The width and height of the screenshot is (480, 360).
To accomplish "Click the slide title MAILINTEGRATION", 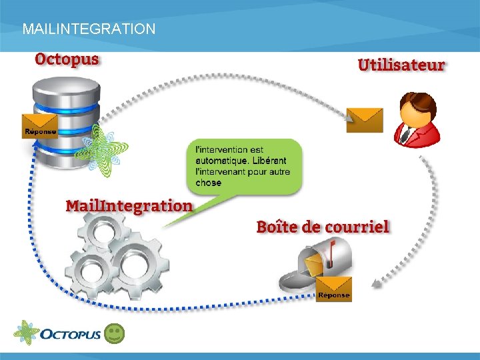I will click(x=89, y=29).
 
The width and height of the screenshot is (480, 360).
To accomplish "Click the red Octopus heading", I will click(x=67, y=59).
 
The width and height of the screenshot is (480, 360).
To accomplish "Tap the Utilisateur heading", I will click(x=401, y=65).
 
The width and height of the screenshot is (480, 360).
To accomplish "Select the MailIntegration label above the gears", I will click(x=129, y=205).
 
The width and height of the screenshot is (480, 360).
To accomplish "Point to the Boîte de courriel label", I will click(x=323, y=227).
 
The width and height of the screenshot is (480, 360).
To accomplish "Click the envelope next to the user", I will click(x=365, y=120).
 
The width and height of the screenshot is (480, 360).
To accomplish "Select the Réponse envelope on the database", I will click(x=40, y=125).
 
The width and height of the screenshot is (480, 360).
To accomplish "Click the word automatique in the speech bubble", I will click(x=219, y=161).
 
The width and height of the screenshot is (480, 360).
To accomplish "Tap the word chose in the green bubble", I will click(x=209, y=182).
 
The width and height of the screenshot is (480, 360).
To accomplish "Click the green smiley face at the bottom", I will click(x=115, y=334).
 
